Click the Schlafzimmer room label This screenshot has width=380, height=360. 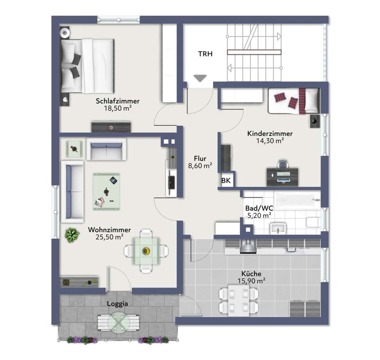point(118,101)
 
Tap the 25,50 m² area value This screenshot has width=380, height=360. point(109,237)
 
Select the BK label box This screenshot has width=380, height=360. point(226,180)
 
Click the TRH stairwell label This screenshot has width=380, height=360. point(205,54)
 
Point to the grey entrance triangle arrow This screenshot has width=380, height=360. point(200,78)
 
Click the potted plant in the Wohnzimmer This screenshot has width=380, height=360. point(72,235)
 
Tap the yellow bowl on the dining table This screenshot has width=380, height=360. point(146,251)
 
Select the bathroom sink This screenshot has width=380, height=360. point(278,228)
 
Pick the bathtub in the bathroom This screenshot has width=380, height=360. point(298,200)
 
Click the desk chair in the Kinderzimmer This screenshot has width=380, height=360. point(283,164)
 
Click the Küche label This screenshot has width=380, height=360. point(251,274)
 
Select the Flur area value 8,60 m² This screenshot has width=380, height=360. point(200,166)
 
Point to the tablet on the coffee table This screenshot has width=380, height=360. point(114,180)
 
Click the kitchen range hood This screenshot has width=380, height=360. point(248,246)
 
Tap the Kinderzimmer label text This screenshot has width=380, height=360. point(270,133)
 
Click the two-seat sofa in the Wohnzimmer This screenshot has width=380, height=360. point(107,149)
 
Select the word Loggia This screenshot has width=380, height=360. point(118,304)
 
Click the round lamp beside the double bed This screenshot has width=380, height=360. point(65,32)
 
